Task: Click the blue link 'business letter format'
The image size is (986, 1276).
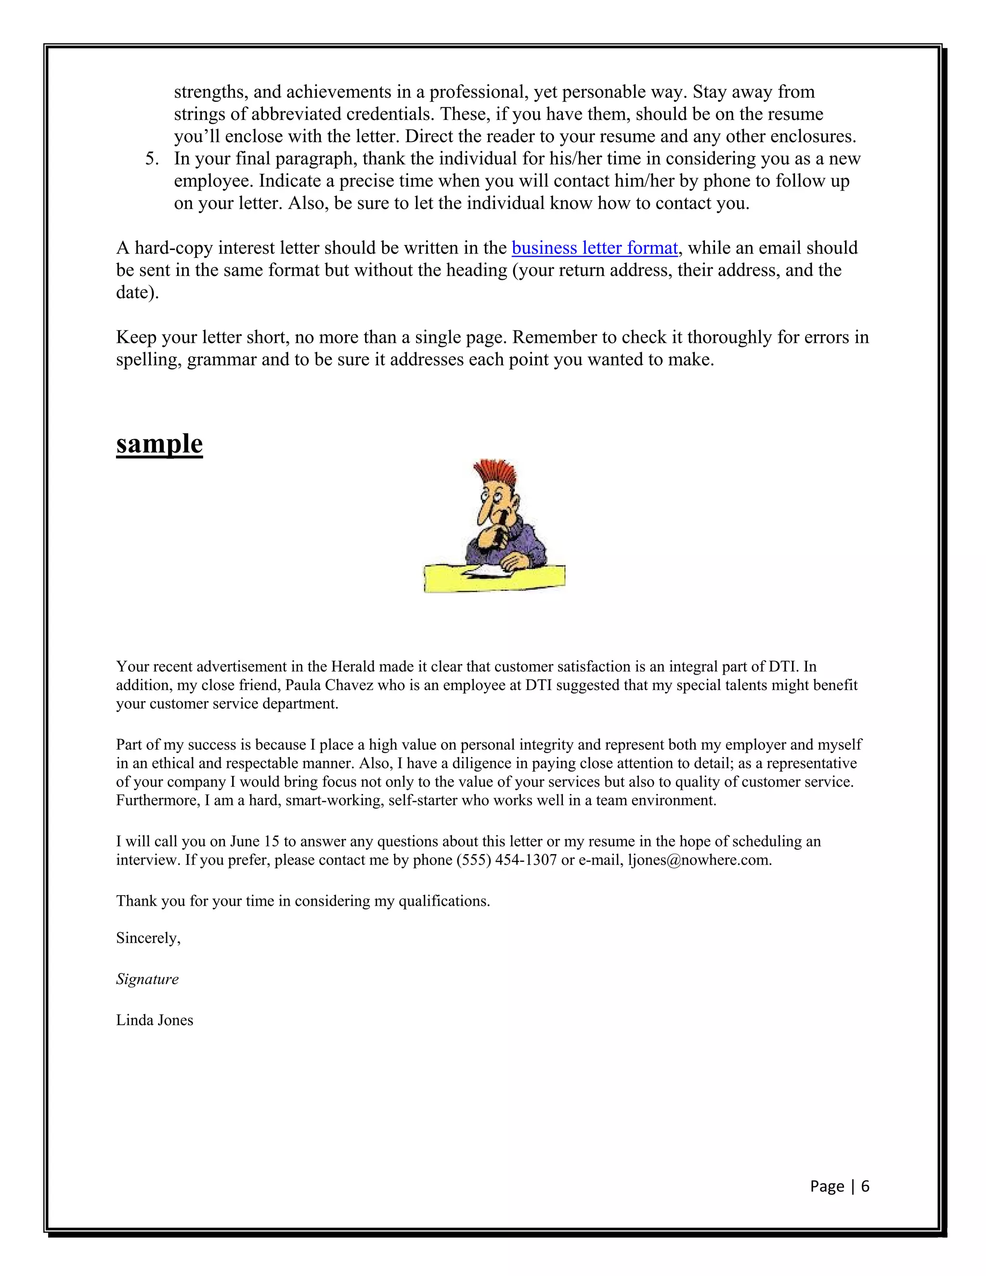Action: pos(594,248)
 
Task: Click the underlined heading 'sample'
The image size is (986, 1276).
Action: pos(159,444)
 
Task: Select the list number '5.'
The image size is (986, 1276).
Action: pos(152,159)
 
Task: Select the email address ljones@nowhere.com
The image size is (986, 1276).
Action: pos(699,860)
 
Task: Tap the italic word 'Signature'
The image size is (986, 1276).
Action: pos(147,979)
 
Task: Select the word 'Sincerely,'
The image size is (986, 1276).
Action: pos(148,938)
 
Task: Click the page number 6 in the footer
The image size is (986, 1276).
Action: pos(865,1186)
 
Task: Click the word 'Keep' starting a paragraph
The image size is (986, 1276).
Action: pos(135,338)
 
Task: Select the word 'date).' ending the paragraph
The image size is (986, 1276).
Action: pos(137,293)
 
